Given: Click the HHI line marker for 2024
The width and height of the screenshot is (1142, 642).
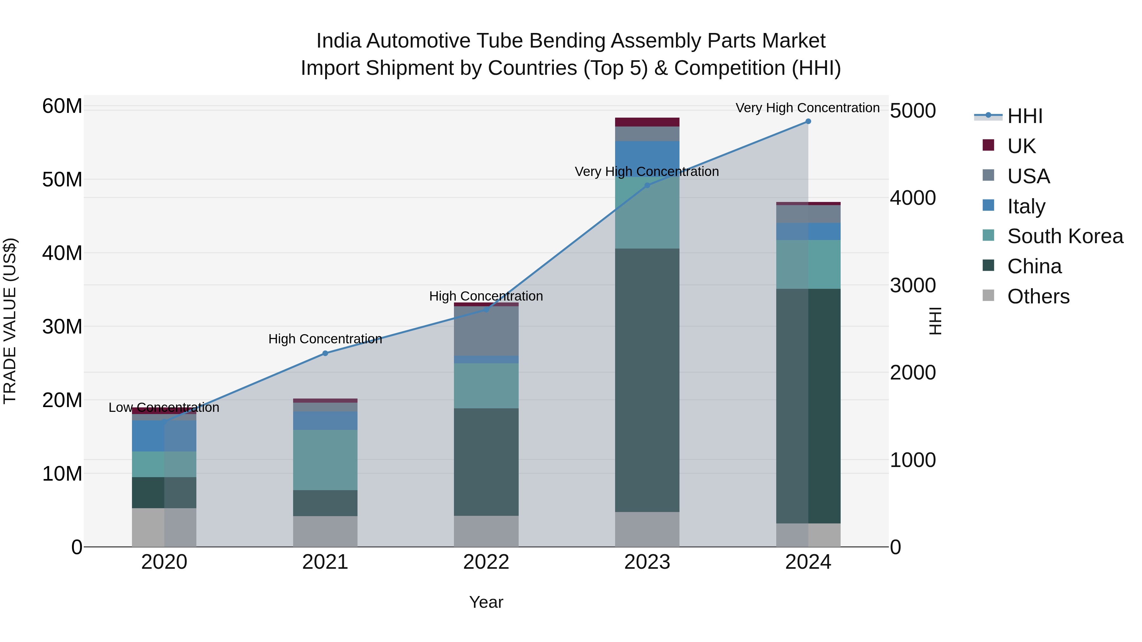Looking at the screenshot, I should (808, 121).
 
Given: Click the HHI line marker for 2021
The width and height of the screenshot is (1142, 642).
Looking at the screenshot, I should (325, 353).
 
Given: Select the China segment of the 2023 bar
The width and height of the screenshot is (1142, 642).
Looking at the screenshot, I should (647, 380).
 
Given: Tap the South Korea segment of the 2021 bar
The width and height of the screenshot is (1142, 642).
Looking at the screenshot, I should (325, 460).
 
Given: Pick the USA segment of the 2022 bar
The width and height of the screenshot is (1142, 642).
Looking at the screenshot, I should (486, 331).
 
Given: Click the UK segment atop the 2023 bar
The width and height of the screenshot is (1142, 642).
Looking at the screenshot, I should (647, 122).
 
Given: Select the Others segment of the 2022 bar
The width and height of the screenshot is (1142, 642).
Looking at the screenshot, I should (486, 531).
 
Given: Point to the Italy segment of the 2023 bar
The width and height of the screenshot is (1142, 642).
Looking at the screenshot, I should (647, 159).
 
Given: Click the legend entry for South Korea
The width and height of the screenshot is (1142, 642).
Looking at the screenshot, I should (1065, 236).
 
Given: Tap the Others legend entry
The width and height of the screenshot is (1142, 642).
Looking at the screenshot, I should (1038, 296).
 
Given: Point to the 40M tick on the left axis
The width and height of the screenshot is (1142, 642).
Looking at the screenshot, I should (62, 253).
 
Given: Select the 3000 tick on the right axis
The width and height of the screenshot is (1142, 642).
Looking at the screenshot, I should (913, 285).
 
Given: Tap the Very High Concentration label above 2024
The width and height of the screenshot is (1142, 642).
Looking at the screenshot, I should (807, 108).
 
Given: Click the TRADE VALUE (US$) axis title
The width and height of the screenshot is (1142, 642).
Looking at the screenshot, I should (10, 321).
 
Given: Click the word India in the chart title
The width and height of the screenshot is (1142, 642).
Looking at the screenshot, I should (339, 41).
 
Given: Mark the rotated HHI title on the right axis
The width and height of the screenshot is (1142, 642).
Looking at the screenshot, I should (935, 321).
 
